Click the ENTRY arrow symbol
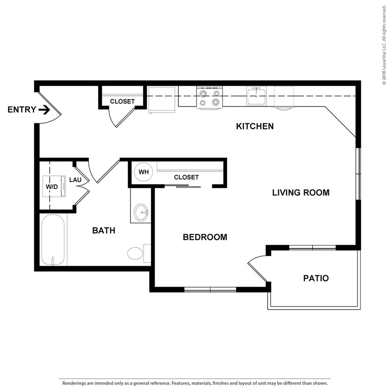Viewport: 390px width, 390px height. [44, 110]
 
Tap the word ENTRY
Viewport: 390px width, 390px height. [22, 110]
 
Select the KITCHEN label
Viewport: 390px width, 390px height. [255, 126]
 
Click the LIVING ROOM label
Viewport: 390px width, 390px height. [301, 193]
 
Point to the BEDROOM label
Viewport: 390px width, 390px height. [205, 237]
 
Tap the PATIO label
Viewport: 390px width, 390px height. [316, 278]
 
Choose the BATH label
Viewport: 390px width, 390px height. [103, 230]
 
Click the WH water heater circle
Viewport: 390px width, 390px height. [143, 172]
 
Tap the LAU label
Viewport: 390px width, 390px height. [75, 180]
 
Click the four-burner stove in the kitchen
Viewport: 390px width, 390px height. [209, 98]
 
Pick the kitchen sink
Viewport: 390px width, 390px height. [256, 96]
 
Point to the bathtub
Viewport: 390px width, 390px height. [53, 240]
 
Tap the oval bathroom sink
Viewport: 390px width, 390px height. [141, 212]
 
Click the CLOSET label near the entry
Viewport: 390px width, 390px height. [122, 101]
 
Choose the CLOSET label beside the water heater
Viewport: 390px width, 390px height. [186, 177]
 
